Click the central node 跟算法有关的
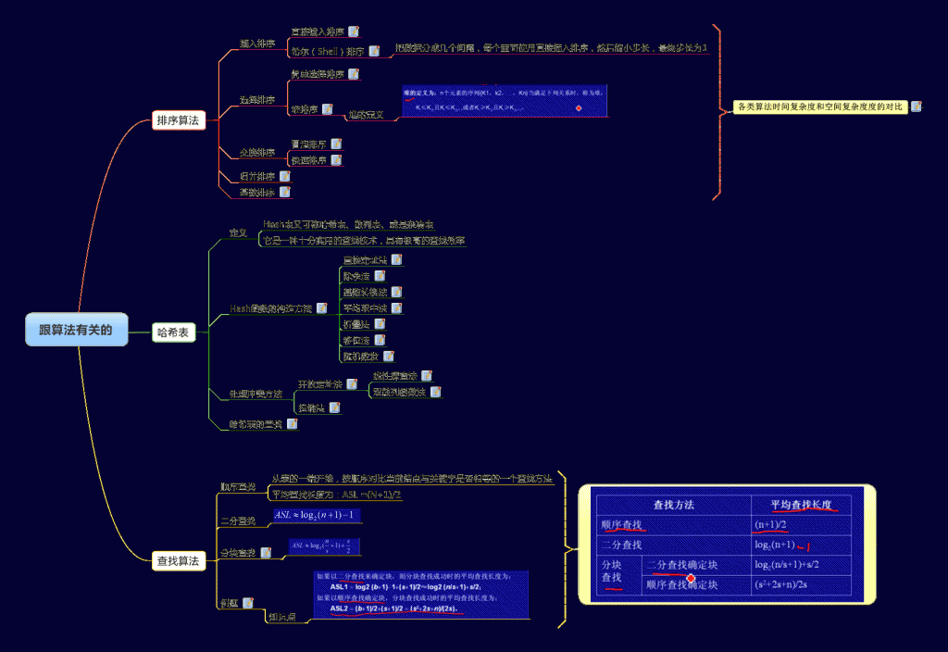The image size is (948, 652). pyautogui.click(x=76, y=330)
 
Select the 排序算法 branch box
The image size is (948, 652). pyautogui.click(x=178, y=120)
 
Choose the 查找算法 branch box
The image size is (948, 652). pyautogui.click(x=178, y=560)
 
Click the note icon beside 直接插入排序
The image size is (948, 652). pyautogui.click(x=354, y=31)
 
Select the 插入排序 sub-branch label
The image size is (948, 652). pyautogui.click(x=256, y=44)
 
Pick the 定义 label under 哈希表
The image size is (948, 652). pyautogui.click(x=238, y=232)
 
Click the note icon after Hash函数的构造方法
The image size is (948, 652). pyautogui.click(x=322, y=307)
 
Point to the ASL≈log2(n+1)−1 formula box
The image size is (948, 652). pyautogui.click(x=317, y=515)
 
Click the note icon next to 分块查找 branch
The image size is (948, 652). pyautogui.click(x=267, y=553)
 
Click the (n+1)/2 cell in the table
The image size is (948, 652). pyautogui.click(x=771, y=524)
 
